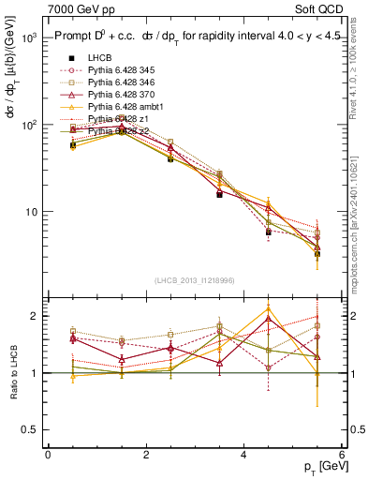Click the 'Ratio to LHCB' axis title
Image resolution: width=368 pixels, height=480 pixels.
(14, 373)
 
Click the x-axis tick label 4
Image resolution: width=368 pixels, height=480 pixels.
(244, 455)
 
